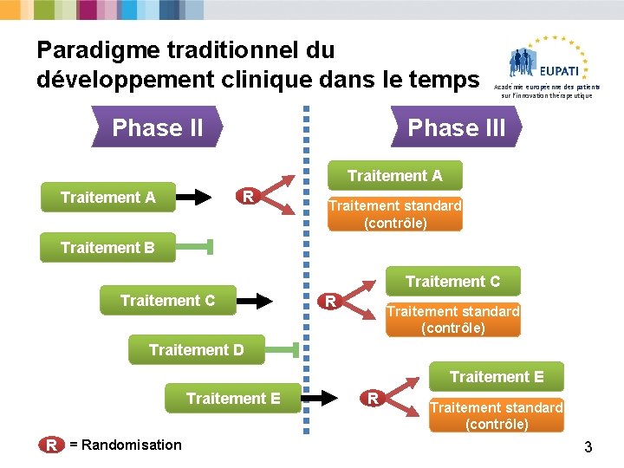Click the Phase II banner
point(157,128)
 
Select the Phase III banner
point(457,128)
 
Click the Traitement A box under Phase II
point(108,198)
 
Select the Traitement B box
point(107,248)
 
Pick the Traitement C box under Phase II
point(167,301)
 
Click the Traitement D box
point(196,350)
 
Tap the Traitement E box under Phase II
point(233,398)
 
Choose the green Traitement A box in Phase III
point(394,176)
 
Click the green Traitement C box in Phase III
point(452,282)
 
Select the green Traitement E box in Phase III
point(497,377)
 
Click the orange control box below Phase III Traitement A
point(394,214)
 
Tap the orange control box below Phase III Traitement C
point(452,319)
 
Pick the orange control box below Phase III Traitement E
point(497,415)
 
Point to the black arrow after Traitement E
point(322,398)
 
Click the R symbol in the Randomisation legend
point(52,445)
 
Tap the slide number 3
point(588,447)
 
